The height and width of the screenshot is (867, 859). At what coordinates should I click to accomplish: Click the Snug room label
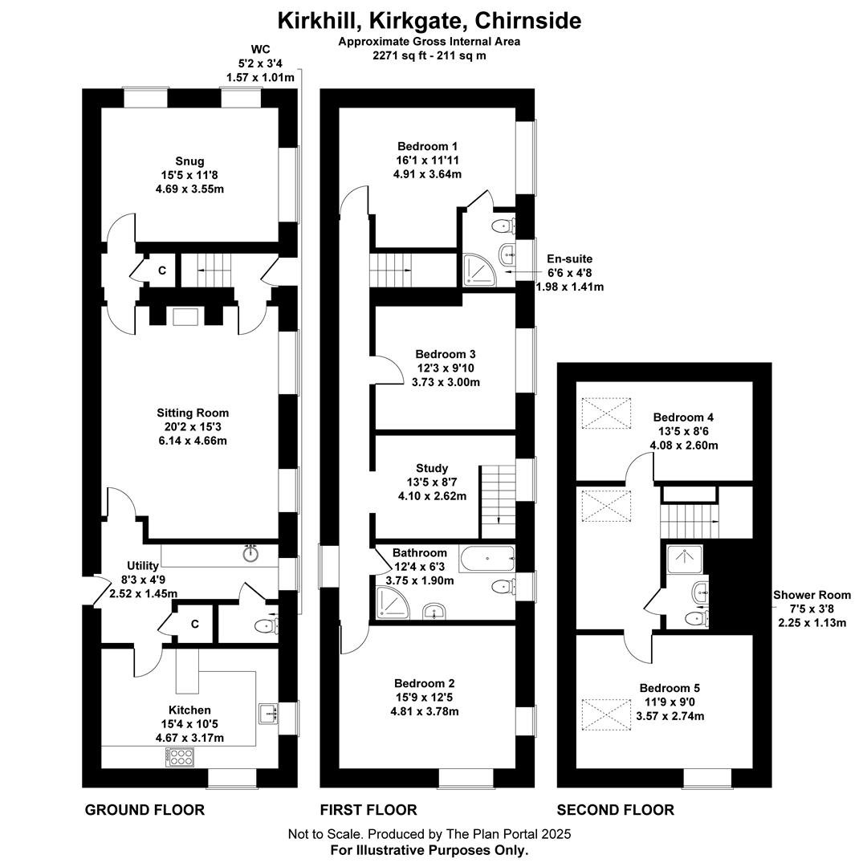(x=189, y=161)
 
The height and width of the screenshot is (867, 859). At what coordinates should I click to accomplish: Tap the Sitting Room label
(x=193, y=413)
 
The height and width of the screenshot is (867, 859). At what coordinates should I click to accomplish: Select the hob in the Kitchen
(x=180, y=757)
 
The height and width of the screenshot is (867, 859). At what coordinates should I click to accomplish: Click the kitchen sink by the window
(x=268, y=714)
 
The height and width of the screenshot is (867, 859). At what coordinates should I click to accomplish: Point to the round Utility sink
(x=250, y=553)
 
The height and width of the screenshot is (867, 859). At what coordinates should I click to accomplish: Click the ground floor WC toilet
(x=267, y=626)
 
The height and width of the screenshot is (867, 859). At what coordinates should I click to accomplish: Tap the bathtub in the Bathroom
(x=486, y=559)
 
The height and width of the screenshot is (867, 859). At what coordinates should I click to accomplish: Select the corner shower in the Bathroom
(x=393, y=602)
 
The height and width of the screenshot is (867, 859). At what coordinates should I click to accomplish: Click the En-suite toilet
(x=503, y=226)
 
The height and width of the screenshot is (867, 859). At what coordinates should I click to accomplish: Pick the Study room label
(x=432, y=468)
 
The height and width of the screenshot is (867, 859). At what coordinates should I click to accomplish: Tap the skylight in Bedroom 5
(x=605, y=714)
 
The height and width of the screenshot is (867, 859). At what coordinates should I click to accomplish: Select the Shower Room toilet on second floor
(x=697, y=618)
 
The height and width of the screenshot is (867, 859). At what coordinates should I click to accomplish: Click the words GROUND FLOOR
(x=145, y=810)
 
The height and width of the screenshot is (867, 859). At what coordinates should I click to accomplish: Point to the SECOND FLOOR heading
(x=615, y=810)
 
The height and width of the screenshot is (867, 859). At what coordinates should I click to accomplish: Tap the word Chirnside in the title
(x=528, y=20)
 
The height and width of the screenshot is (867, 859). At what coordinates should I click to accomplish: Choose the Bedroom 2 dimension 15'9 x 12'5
(x=424, y=698)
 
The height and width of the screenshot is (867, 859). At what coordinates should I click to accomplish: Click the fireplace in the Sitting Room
(x=185, y=317)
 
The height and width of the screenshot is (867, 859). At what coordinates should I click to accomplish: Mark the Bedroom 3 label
(x=446, y=355)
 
